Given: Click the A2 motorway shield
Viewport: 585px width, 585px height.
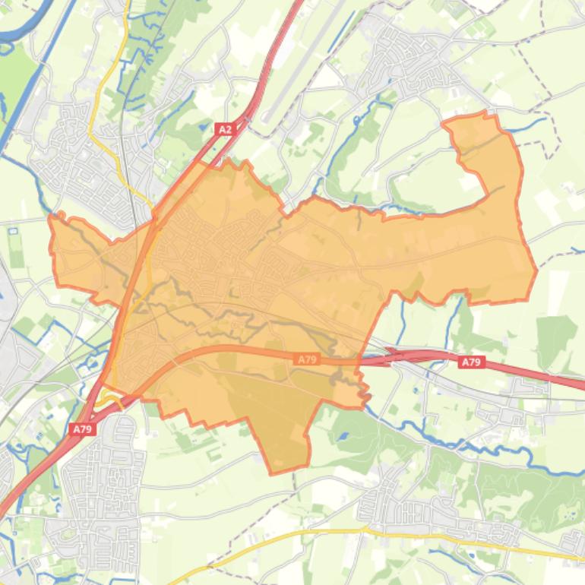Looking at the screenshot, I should click(225, 130).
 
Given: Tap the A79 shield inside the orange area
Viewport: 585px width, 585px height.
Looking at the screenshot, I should click(307, 359).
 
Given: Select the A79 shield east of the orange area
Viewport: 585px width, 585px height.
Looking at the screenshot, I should click(471, 362).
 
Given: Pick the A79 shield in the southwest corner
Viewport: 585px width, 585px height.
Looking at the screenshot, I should click(82, 429).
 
